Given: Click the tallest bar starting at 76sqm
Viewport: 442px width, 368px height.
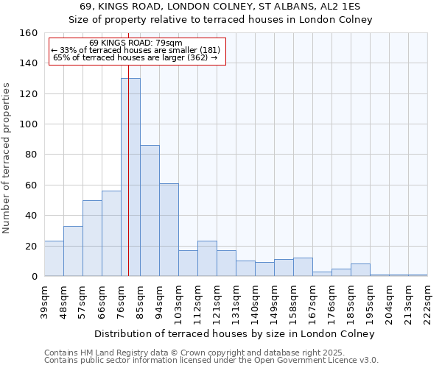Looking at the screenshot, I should (x=131, y=177).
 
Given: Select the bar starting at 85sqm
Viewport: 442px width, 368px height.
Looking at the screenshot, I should (x=150, y=210).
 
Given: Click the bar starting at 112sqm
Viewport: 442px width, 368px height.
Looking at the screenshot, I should (x=207, y=258).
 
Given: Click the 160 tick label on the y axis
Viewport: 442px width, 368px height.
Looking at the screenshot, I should (x=29, y=33).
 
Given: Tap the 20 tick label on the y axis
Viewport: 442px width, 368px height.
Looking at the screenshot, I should (x=32, y=246).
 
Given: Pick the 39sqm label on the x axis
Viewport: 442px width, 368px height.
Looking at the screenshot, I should (x=44, y=300).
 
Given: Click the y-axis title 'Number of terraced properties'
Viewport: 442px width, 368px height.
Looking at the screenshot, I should (x=7, y=158).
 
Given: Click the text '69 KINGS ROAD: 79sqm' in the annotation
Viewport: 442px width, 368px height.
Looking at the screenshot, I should (x=136, y=43).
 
